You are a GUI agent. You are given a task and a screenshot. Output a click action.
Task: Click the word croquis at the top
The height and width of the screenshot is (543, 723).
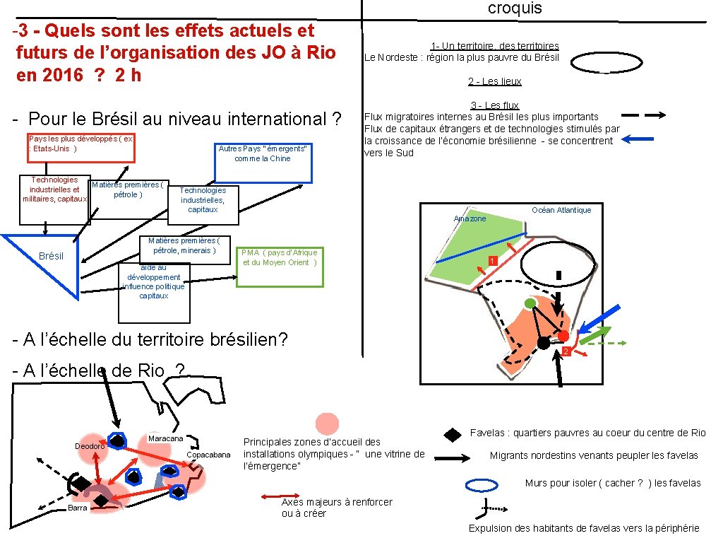point(515,8)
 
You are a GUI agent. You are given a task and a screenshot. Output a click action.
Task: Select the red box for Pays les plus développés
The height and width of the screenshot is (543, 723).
point(81,148)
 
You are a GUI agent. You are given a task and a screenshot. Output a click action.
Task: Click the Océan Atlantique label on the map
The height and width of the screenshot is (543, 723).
point(561,210)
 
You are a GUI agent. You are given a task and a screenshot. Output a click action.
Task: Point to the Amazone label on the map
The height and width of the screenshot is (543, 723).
point(470,219)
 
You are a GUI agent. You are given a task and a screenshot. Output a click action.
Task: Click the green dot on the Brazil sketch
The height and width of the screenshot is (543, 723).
point(530,304)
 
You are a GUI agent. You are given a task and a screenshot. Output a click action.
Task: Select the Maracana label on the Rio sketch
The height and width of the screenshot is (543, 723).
point(165,439)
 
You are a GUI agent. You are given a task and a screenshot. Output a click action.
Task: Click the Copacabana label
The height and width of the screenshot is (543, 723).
point(208,454)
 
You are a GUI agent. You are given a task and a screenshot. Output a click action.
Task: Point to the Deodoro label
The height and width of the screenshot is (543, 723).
point(90,446)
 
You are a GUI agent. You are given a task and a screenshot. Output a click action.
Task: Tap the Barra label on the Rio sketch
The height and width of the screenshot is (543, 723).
point(78,508)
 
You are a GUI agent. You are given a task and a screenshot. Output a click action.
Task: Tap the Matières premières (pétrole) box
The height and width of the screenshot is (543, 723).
point(129,199)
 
